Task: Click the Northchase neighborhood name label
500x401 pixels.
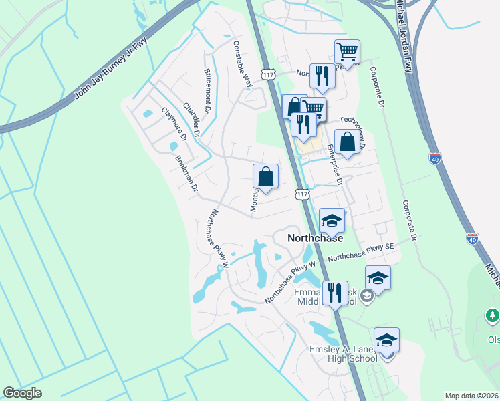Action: [x=315, y=238]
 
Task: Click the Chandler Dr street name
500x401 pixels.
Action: [x=191, y=120]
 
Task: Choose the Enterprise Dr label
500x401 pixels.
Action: [x=334, y=167]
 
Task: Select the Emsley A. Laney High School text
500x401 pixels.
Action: [x=343, y=353]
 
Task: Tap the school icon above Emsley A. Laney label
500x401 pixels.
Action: [x=386, y=340]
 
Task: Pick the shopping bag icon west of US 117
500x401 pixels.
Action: [x=265, y=177]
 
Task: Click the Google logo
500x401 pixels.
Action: [x=22, y=393]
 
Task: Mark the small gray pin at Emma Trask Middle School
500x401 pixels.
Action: [x=366, y=295]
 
